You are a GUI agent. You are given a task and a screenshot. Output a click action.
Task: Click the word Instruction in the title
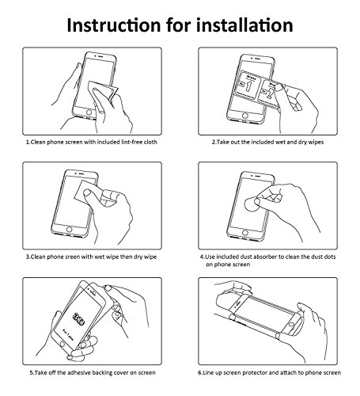(x=114, y=25)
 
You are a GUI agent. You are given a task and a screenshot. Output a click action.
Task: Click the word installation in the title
(x=244, y=25)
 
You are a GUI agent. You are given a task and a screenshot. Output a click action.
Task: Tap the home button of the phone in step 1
(x=89, y=112)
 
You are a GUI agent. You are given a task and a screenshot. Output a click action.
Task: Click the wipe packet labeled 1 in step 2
(x=248, y=85)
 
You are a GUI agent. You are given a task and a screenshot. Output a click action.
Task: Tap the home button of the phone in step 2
(x=245, y=116)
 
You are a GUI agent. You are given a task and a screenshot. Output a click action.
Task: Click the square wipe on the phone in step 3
(x=85, y=192)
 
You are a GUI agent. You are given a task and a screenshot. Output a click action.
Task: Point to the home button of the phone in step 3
(x=70, y=229)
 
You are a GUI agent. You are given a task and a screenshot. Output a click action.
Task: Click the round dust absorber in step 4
(x=252, y=204)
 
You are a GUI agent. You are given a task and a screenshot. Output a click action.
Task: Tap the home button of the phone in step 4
(x=245, y=233)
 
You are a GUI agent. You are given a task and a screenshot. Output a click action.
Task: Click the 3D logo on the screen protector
(x=79, y=319)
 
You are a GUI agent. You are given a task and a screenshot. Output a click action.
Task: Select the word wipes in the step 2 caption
(x=315, y=143)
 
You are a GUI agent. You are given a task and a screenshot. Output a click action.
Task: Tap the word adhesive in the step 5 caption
(x=79, y=373)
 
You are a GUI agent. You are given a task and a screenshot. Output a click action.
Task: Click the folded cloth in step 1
(x=103, y=91)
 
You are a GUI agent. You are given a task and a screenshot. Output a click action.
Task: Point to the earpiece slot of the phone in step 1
(x=100, y=56)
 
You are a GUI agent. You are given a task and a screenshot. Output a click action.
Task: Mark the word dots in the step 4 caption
(x=330, y=257)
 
